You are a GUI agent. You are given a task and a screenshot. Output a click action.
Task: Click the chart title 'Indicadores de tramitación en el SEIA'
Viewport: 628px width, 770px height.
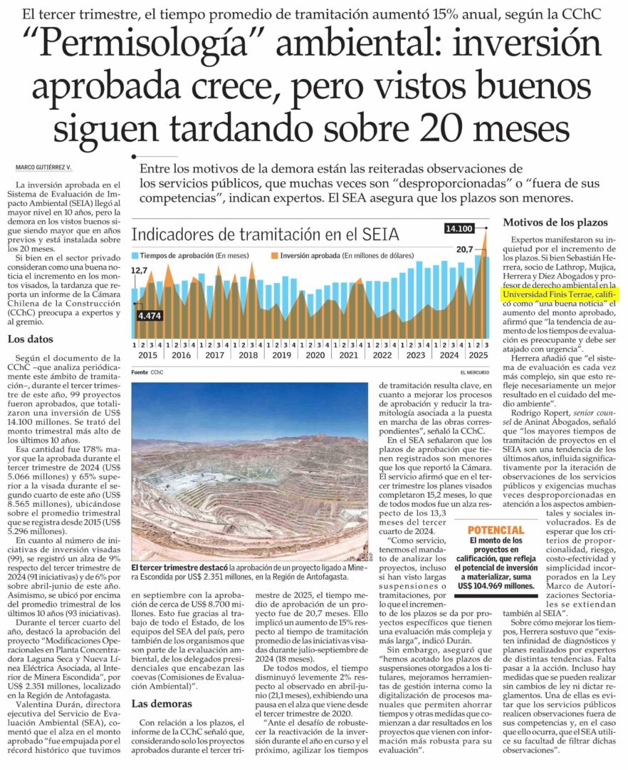(266, 235)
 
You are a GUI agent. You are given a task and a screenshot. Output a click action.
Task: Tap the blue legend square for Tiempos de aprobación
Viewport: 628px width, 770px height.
(135, 256)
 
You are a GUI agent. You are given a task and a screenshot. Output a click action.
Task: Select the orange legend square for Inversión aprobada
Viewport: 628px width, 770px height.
(275, 256)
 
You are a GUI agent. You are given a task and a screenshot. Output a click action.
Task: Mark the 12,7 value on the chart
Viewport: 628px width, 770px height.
(140, 271)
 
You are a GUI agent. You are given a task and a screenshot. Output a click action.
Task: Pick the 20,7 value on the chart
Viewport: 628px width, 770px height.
(464, 249)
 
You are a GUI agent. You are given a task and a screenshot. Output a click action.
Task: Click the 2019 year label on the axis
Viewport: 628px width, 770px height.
(282, 355)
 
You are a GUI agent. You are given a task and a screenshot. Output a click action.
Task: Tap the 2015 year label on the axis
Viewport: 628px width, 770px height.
(148, 355)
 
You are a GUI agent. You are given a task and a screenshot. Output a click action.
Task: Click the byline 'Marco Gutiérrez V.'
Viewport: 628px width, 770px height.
(44, 168)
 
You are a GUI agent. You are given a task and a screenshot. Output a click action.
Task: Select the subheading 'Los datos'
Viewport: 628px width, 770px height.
(31, 339)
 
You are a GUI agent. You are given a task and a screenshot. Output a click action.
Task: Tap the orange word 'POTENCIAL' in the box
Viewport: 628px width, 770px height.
(496, 530)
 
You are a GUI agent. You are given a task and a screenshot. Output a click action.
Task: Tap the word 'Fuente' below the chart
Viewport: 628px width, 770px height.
(140, 371)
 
